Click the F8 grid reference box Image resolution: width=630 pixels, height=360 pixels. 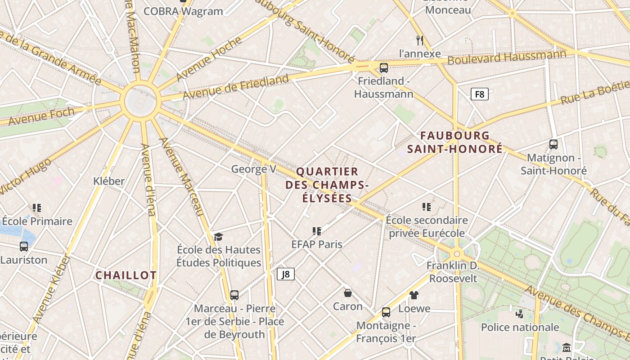480,94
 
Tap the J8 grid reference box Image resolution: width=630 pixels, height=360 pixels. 286,274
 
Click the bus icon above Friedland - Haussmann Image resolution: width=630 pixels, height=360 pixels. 383,68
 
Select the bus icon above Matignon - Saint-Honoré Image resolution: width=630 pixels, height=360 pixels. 553,144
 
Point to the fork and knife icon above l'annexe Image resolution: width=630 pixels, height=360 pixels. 420,40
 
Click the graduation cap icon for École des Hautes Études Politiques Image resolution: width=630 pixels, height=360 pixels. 218,237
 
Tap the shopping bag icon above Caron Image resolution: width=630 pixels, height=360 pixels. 348,293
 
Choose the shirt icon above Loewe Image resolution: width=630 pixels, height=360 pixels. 414,295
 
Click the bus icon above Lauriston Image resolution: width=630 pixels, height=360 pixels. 24,247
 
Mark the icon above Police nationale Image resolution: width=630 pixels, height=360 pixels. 520,314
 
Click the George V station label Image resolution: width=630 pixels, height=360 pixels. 254,169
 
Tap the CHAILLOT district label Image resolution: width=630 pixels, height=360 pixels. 126,275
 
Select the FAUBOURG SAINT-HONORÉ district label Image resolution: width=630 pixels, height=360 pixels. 455,142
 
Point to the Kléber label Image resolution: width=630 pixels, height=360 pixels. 108,181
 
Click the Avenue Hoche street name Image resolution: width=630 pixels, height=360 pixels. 209,59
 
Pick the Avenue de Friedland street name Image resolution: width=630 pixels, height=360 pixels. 235,87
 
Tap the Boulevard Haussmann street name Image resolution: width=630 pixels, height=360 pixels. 507,58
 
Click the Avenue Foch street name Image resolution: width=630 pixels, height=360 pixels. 41,117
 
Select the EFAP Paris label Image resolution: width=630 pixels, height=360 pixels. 317,244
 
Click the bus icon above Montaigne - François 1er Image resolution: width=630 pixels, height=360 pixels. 386,312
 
